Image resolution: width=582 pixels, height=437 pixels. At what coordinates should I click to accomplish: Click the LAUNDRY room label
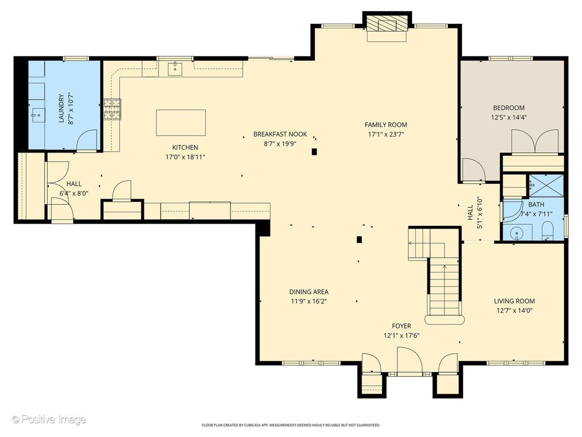click(61, 108)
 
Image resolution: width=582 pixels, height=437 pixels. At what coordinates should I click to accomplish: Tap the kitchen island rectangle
click(181, 123)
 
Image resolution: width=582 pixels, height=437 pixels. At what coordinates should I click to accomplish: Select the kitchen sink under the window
click(175, 68)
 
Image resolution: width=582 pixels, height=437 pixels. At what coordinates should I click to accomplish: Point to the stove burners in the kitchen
click(112, 109)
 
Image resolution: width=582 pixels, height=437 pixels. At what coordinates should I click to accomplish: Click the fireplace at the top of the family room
click(386, 26)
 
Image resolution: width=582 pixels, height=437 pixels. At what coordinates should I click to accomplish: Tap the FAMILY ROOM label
click(386, 125)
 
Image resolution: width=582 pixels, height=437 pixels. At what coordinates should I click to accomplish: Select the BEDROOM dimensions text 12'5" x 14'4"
click(509, 117)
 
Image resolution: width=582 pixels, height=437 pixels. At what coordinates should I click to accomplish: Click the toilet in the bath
click(547, 231)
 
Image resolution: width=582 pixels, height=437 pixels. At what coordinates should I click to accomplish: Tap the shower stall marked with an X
click(546, 186)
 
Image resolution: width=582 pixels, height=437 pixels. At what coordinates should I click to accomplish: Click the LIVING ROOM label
click(514, 301)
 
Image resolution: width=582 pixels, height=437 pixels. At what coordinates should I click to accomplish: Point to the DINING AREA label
click(309, 292)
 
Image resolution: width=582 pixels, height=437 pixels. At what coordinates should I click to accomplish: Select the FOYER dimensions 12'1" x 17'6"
click(402, 336)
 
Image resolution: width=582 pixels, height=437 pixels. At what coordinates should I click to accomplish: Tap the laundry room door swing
click(86, 140)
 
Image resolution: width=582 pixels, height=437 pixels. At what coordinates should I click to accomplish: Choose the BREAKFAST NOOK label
click(280, 134)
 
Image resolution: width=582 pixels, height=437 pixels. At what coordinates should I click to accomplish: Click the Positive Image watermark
click(49, 419)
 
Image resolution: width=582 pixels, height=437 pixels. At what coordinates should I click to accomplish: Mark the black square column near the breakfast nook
click(314, 151)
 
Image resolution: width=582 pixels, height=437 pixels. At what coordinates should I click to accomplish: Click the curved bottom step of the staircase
click(445, 320)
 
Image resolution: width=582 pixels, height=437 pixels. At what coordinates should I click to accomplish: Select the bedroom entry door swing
click(474, 170)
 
